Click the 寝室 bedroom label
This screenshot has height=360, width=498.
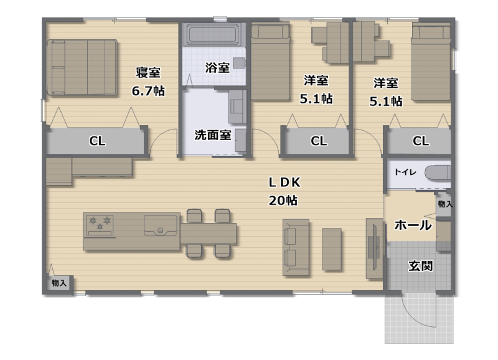148,73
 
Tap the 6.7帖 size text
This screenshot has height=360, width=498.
148,90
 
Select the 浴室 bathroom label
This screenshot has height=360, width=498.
217,67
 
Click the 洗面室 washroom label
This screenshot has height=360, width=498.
213,135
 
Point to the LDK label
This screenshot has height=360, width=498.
284,182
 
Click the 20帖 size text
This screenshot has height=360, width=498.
283,201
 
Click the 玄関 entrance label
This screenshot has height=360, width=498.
420,266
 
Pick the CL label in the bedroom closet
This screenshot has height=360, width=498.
97,141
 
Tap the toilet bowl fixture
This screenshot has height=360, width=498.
438,172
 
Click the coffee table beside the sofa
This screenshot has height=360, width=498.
332,249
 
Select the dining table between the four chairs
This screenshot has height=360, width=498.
209,234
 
